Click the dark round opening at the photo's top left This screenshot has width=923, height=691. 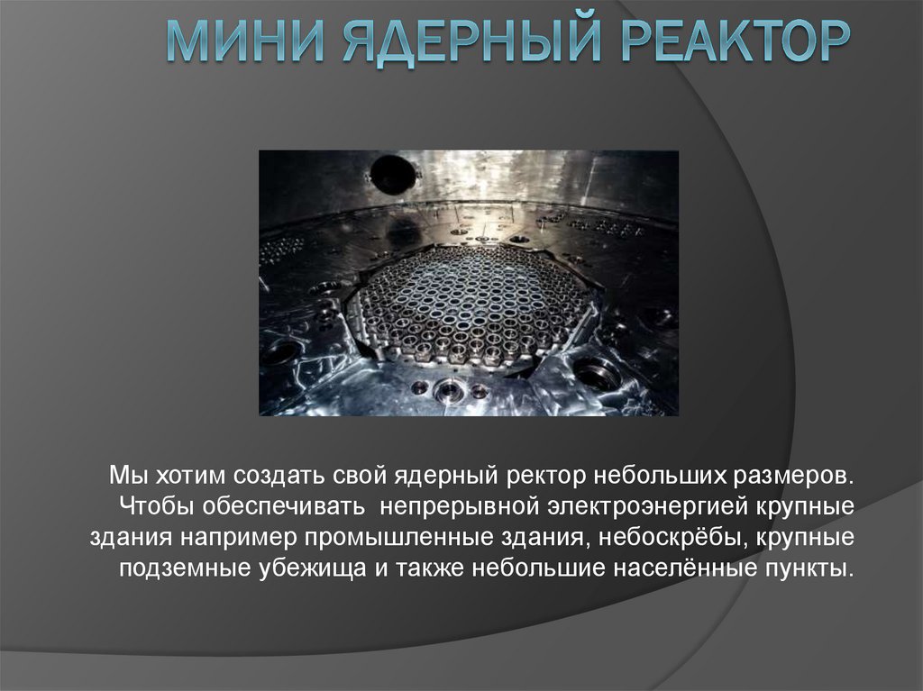tap(393, 174)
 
